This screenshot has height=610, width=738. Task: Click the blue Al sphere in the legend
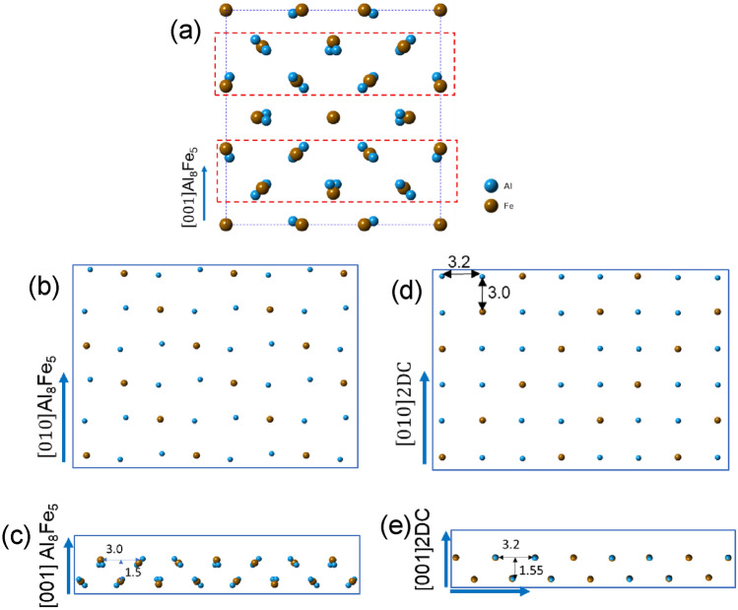pos(490,184)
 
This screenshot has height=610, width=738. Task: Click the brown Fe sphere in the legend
pos(490,206)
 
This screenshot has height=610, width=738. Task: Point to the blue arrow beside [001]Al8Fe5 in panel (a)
pos(203,193)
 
